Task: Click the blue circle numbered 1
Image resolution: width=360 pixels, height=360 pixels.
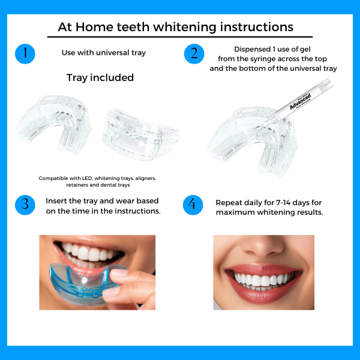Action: pyautogui.click(x=25, y=53)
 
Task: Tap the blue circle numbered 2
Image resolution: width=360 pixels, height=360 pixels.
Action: pyautogui.click(x=194, y=53)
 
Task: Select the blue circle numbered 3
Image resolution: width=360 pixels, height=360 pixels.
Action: pyautogui.click(x=25, y=204)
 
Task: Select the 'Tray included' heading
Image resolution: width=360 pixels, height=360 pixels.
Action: pyautogui.click(x=100, y=78)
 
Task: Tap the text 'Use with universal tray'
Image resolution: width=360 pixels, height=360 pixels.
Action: pyautogui.click(x=103, y=53)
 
